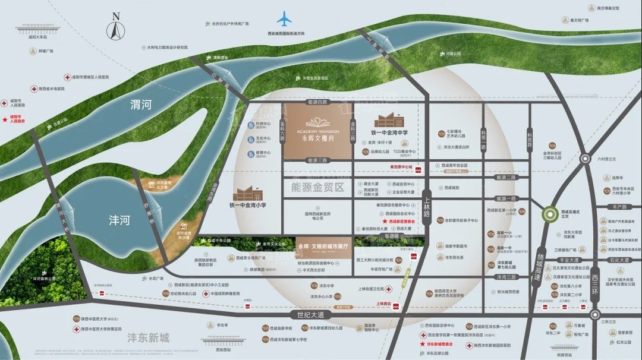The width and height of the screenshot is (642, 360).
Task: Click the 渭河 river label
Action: tap(141, 106)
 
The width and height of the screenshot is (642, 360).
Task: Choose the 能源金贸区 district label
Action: tap(318, 187)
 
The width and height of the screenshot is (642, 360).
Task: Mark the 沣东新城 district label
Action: tap(148, 338)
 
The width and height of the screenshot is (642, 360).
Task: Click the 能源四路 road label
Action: tap(317, 102)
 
